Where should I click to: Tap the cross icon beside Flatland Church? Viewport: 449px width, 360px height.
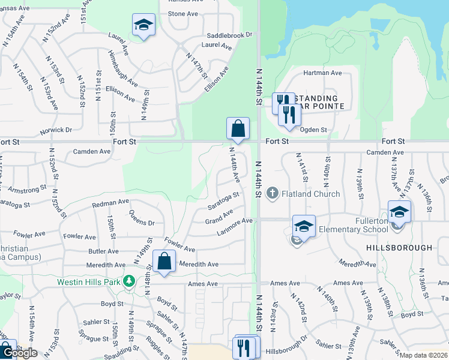click(x=273, y=193)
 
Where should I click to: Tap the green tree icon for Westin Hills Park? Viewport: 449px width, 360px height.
click(x=128, y=281)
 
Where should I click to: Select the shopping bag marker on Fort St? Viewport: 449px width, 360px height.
click(x=238, y=128)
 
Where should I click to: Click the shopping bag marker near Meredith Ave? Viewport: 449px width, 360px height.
click(x=164, y=262)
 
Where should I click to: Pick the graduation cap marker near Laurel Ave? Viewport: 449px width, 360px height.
click(x=143, y=25)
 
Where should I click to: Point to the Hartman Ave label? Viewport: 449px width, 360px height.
click(x=322, y=73)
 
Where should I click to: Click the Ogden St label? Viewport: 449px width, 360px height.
click(x=313, y=129)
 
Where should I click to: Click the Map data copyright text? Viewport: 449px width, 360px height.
click(x=423, y=355)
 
